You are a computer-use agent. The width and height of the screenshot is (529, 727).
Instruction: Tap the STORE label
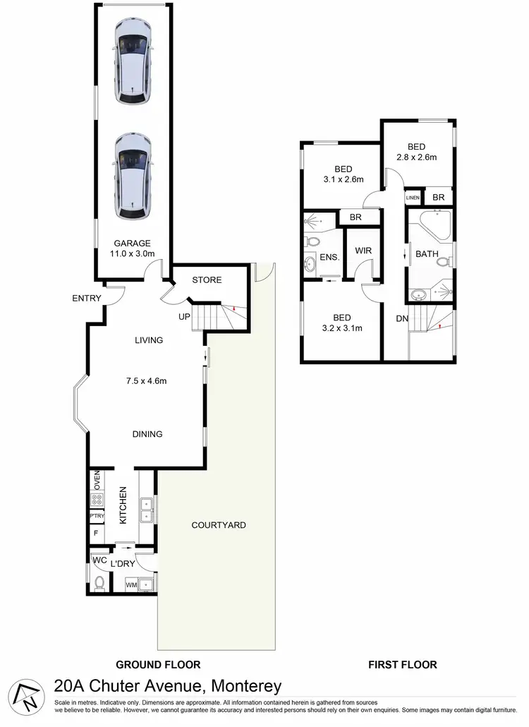point(207,280)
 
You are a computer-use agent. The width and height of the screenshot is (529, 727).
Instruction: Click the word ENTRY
point(87,299)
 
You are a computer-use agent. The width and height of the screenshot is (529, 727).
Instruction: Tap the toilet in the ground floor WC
point(99,583)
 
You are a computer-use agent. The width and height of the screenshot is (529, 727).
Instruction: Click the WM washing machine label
point(131,584)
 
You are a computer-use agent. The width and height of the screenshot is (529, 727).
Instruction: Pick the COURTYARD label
point(219,525)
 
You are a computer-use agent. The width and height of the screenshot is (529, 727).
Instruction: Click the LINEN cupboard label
point(413,198)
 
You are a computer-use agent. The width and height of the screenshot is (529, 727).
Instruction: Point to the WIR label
point(363,251)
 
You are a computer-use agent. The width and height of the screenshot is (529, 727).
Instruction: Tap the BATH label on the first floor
point(427,254)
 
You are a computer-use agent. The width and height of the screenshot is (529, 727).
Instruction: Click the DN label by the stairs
point(402,319)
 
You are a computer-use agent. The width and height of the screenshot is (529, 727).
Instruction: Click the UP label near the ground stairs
point(184,317)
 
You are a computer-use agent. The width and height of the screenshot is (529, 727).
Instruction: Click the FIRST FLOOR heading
point(403,664)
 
